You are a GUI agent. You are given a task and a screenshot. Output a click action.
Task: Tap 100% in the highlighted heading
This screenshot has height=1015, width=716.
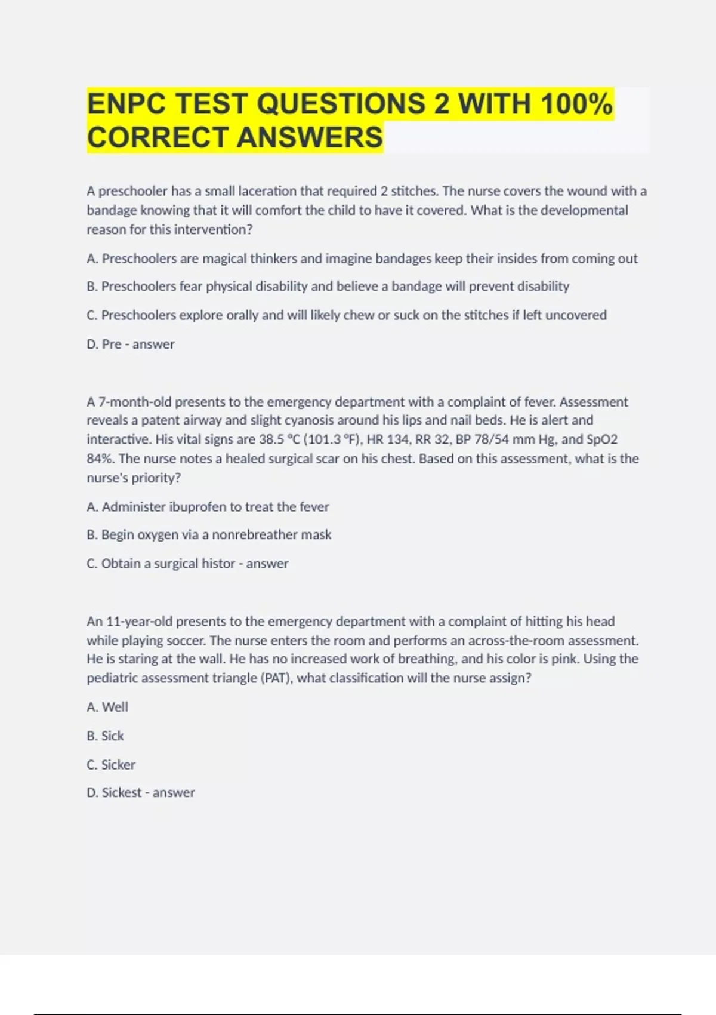point(576,104)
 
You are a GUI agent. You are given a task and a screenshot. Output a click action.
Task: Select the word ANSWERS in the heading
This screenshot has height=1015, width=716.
point(310,137)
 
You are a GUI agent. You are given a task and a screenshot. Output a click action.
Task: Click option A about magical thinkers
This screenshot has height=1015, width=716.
point(362,259)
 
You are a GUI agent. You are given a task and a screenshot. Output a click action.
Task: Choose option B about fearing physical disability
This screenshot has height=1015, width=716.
point(328,287)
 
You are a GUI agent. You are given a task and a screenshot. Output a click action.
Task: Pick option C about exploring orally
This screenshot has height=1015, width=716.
point(346,315)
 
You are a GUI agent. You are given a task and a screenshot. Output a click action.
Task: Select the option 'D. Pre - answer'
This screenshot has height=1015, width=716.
point(130,345)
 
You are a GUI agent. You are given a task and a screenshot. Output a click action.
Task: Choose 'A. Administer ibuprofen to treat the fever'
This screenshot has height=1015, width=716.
point(207,507)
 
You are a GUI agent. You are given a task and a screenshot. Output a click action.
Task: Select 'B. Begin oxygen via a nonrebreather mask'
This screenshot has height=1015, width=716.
point(208,535)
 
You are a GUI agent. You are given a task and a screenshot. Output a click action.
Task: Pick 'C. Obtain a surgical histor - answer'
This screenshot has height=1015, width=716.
point(187,564)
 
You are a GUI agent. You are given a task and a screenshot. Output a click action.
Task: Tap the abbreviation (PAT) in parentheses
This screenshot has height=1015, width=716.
point(276,678)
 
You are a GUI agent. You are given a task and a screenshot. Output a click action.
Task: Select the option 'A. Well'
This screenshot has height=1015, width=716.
point(107,707)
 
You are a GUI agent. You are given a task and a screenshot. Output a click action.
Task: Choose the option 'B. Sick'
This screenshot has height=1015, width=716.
point(105,736)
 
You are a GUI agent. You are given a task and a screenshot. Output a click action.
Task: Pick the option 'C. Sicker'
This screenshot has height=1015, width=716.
point(110,765)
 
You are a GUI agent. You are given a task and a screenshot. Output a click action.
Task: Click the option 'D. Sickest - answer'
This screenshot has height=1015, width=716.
point(140,793)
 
